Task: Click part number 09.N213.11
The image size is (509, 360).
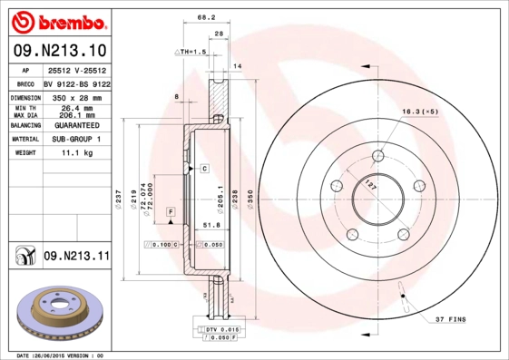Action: click(x=75, y=257)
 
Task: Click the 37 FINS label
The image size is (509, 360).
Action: click(x=451, y=319)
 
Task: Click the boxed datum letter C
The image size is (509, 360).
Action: click(x=205, y=169)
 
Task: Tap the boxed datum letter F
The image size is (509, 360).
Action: click(x=169, y=210)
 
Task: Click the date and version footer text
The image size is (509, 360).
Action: click(x=62, y=355)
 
